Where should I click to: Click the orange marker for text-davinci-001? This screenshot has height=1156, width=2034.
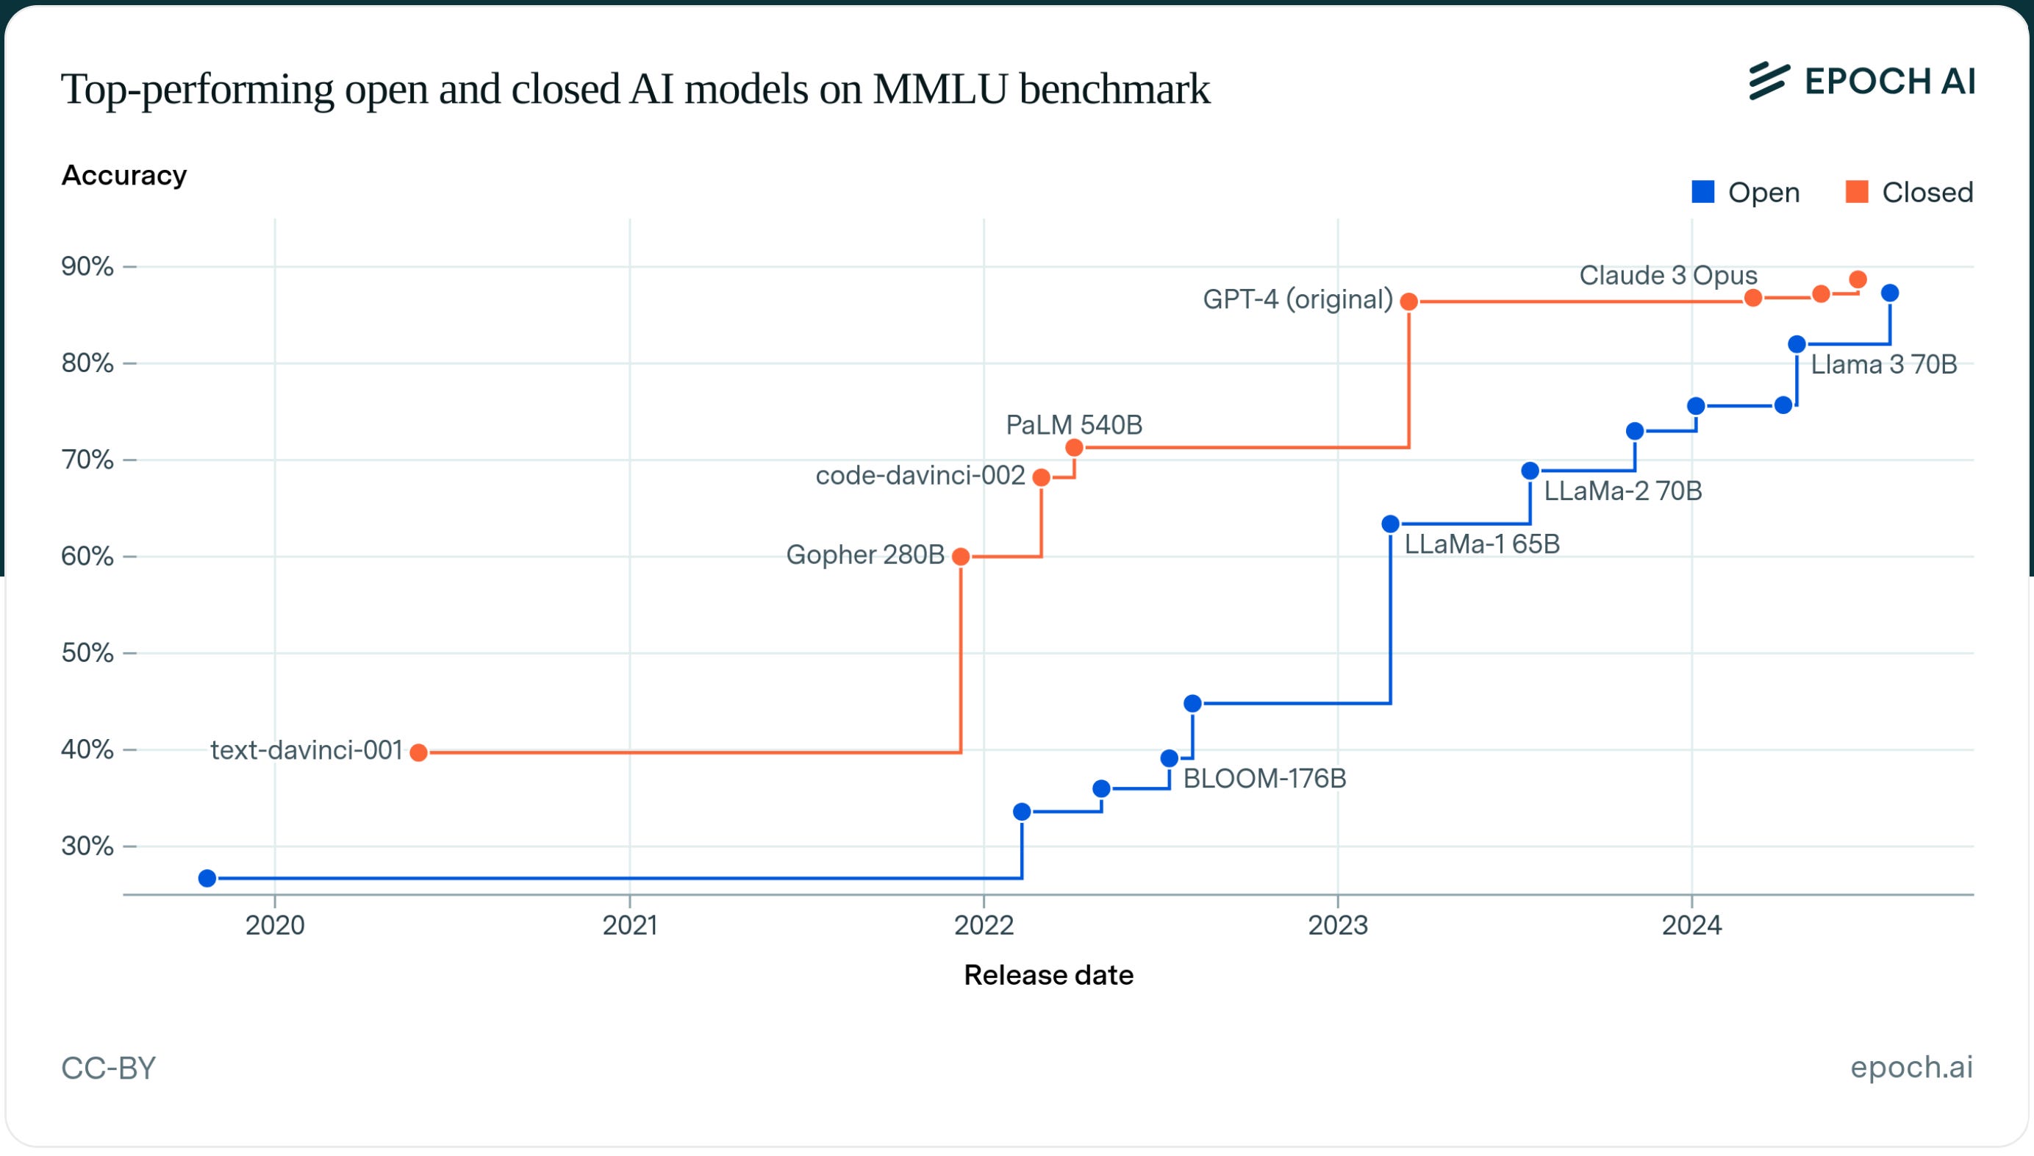[419, 753]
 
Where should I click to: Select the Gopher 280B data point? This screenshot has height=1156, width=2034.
[960, 557]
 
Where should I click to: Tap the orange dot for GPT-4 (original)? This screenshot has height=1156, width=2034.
[1408, 302]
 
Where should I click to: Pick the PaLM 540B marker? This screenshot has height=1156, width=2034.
[1074, 448]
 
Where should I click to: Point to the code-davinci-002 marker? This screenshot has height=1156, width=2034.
[1041, 477]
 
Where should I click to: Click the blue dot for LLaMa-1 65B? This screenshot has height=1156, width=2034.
[1390, 524]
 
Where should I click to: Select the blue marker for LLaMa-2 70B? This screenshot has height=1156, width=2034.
[1530, 471]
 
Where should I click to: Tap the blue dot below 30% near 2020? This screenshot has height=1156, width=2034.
[207, 878]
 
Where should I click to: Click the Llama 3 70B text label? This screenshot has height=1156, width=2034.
[1883, 365]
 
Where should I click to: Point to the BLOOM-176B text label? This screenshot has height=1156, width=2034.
[1264, 779]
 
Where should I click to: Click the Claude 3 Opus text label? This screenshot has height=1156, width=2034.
[1667, 276]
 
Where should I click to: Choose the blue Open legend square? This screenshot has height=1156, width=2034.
[1702, 192]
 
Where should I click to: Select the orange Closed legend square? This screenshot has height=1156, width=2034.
[1856, 192]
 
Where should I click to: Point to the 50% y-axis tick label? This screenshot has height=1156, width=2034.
[87, 652]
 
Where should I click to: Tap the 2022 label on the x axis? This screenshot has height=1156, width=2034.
[984, 926]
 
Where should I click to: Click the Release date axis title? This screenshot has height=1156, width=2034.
[1048, 975]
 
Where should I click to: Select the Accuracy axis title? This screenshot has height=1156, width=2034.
[124, 176]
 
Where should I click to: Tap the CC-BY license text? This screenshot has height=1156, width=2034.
[109, 1068]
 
